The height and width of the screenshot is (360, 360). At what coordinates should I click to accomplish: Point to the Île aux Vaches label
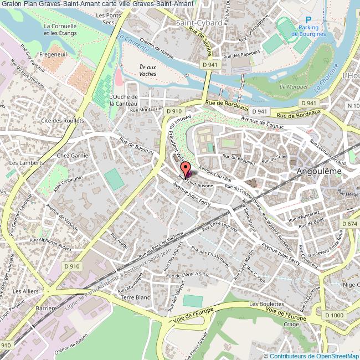(x=147, y=70)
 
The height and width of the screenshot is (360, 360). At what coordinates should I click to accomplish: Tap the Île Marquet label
(x=290, y=86)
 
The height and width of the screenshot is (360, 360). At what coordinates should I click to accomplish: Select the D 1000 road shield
(x=334, y=315)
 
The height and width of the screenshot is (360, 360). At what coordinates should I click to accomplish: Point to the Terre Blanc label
(x=136, y=297)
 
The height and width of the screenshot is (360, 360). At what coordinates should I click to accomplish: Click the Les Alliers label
(x=25, y=291)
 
